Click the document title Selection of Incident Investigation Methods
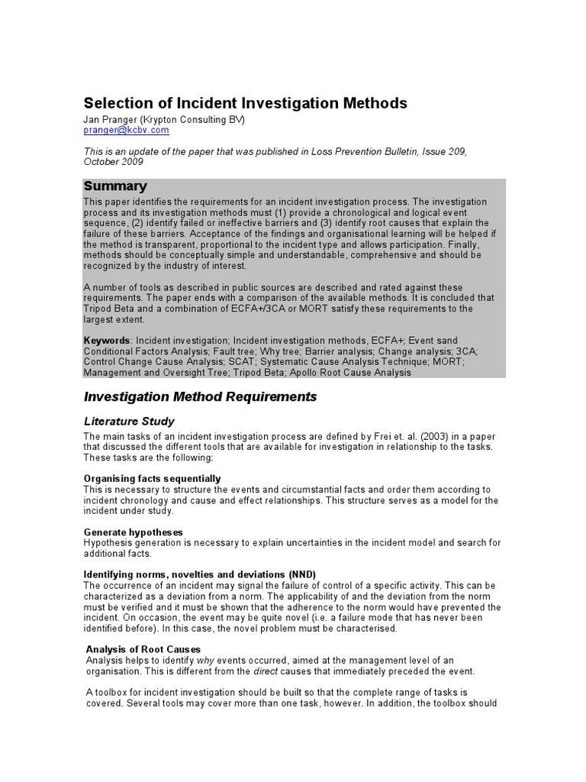click(244, 103)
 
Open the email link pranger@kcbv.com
click(126, 131)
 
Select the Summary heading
click(115, 186)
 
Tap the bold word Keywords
click(106, 340)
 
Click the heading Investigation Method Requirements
click(199, 397)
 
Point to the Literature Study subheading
click(128, 422)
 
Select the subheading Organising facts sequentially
click(152, 478)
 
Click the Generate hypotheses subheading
click(133, 532)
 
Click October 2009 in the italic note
click(113, 162)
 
